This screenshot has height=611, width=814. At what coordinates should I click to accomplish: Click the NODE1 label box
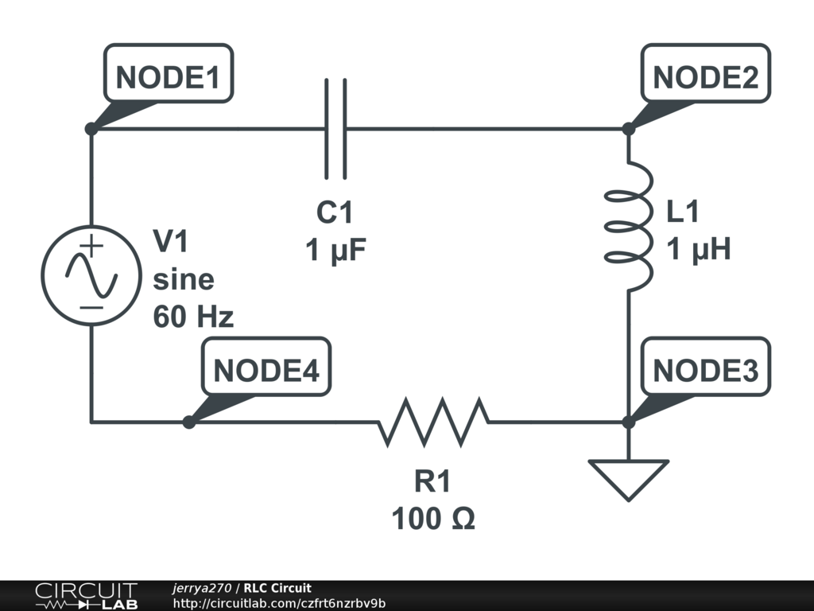point(168,78)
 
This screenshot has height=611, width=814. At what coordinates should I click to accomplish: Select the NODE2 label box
point(705,78)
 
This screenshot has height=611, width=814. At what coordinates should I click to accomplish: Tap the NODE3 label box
point(705,371)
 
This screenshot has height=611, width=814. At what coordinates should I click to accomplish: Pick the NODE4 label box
point(266,371)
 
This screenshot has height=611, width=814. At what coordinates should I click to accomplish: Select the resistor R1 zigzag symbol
point(433,422)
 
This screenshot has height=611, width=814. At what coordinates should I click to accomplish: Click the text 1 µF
point(335,251)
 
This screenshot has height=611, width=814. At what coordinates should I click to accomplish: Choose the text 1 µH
point(698,251)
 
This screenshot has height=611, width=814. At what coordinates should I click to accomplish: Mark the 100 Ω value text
point(433,520)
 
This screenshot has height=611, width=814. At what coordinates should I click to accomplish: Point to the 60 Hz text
point(193,317)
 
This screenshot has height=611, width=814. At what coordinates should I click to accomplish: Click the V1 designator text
point(171,242)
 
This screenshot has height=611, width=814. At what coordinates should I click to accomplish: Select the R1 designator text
point(433,482)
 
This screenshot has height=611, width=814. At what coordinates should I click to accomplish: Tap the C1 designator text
point(335,214)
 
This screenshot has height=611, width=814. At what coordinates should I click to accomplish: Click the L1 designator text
point(684,212)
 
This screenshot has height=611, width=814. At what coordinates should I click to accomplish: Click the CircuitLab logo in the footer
point(85,596)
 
